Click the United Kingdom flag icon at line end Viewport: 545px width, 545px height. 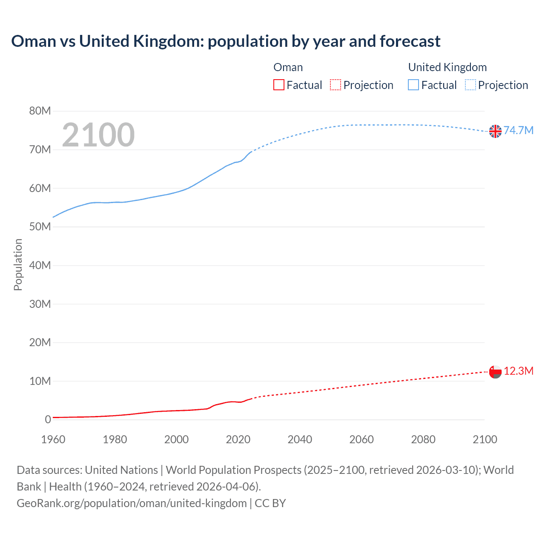click(x=495, y=131)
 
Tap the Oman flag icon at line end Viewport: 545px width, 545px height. click(x=495, y=372)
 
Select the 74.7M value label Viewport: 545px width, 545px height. click(x=519, y=130)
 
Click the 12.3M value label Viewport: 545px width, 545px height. click(x=519, y=371)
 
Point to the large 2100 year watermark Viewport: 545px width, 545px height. click(x=98, y=135)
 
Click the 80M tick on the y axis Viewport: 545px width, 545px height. click(x=40, y=111)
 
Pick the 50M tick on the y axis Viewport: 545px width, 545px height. click(x=40, y=227)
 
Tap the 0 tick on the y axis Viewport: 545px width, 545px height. click(x=48, y=419)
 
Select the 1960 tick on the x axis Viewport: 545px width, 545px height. click(x=53, y=439)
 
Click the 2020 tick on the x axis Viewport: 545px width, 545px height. click(x=238, y=439)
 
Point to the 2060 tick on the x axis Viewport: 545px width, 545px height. click(x=361, y=439)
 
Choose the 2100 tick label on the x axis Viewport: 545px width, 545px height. click(x=485, y=439)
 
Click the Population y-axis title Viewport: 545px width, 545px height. click(x=18, y=264)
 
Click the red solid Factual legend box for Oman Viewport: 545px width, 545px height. click(x=278, y=85)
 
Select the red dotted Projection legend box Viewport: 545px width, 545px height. click(x=336, y=85)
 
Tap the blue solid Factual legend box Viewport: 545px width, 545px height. click(x=413, y=85)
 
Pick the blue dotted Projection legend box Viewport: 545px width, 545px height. click(x=470, y=85)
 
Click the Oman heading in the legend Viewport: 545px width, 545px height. click(x=288, y=67)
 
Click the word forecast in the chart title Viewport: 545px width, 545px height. click(x=410, y=41)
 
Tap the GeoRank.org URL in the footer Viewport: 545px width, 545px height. click(x=132, y=503)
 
